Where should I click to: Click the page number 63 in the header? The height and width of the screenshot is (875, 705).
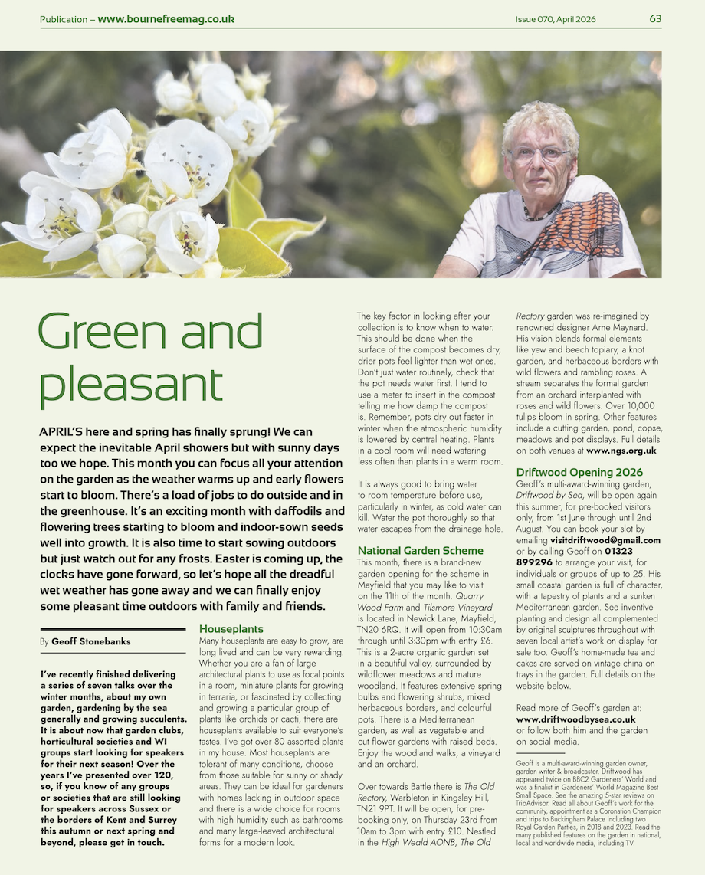click(655, 19)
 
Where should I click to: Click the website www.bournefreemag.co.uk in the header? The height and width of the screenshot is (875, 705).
click(166, 19)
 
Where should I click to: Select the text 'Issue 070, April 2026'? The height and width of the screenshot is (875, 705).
click(555, 19)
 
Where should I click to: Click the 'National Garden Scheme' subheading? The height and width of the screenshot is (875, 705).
click(420, 550)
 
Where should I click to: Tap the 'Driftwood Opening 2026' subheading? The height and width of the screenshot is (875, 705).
click(579, 472)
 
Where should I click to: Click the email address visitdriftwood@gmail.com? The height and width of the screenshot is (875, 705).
click(605, 540)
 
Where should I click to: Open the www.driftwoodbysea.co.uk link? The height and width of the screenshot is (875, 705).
click(575, 719)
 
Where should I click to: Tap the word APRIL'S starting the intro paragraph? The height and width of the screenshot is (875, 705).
click(64, 431)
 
